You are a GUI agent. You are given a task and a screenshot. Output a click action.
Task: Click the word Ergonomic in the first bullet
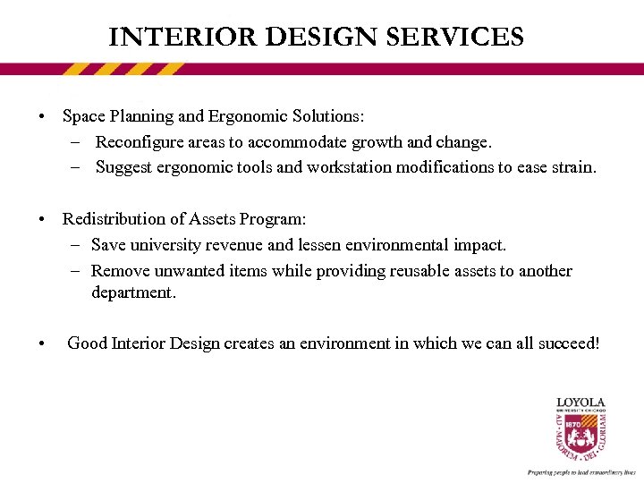pyautogui.click(x=245, y=116)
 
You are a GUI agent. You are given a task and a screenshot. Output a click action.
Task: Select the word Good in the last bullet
pyautogui.click(x=87, y=343)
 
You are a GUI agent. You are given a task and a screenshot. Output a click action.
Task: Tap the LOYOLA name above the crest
pyautogui.click(x=580, y=402)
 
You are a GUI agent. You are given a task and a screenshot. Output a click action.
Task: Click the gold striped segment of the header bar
pyautogui.click(x=124, y=69)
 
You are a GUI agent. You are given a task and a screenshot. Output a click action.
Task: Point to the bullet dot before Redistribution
pyautogui.click(x=42, y=220)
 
